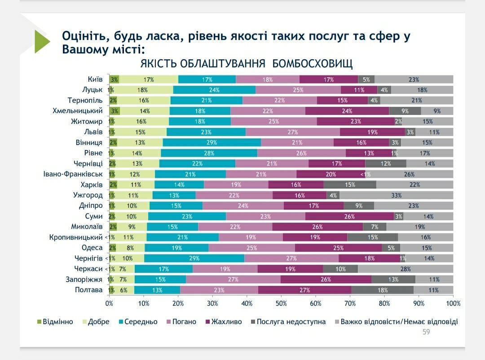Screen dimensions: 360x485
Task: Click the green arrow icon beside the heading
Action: click(x=42, y=41)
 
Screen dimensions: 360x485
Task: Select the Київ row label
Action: click(x=95, y=79)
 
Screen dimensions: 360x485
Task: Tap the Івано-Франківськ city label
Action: click(x=75, y=174)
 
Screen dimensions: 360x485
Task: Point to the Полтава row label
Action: click(x=89, y=290)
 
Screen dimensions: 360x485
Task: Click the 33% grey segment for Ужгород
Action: click(x=396, y=195)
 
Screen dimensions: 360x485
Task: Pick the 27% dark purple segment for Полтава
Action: click(x=304, y=290)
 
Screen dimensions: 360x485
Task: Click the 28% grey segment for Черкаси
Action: click(x=406, y=269)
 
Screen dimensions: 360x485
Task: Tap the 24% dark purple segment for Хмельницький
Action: click(x=347, y=111)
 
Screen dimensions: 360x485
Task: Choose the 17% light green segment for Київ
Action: click(x=149, y=79)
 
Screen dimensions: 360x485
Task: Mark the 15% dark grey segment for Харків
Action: click(x=350, y=184)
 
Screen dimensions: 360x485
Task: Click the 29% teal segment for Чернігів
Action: click(x=194, y=259)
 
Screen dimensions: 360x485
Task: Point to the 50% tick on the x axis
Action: click(x=281, y=303)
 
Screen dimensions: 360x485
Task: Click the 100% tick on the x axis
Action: click(x=453, y=303)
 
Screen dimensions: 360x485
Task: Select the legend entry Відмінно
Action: click(x=55, y=322)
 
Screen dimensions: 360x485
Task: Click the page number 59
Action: click(x=426, y=332)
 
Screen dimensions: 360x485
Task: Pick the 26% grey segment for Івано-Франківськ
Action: click(x=409, y=174)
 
